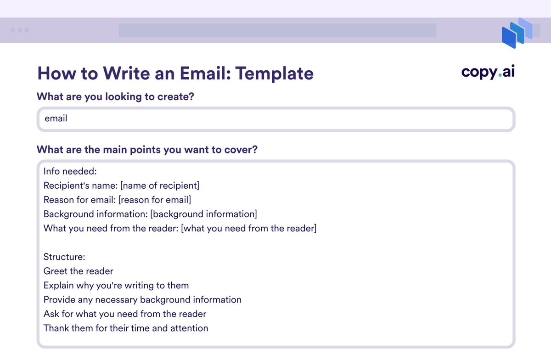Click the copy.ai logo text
[488, 72]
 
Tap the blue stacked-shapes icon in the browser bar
[517, 33]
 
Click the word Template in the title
[274, 73]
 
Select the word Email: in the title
[205, 73]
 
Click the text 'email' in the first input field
[56, 118]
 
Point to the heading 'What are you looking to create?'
[115, 97]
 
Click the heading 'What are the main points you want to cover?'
[147, 150]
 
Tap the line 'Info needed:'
[70, 171]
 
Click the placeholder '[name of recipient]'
[160, 186]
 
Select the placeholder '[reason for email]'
[155, 200]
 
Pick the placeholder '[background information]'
[204, 214]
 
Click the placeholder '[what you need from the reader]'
[249, 228]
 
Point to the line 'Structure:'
[64, 257]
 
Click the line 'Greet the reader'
[78, 271]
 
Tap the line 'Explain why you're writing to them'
[116, 286]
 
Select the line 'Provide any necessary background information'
[142, 300]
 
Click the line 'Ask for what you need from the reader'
[125, 314]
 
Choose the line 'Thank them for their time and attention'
[126, 328]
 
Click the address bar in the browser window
[277, 30]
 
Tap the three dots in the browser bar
[20, 30]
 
